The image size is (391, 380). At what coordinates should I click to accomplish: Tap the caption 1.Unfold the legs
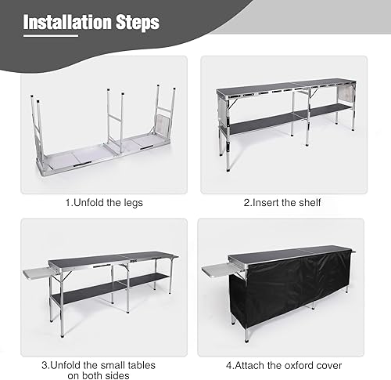tap(103, 203)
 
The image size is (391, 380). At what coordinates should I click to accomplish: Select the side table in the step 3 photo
tap(34, 270)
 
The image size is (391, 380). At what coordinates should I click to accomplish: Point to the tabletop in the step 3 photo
tap(109, 259)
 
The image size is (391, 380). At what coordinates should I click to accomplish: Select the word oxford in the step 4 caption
tap(291, 364)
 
